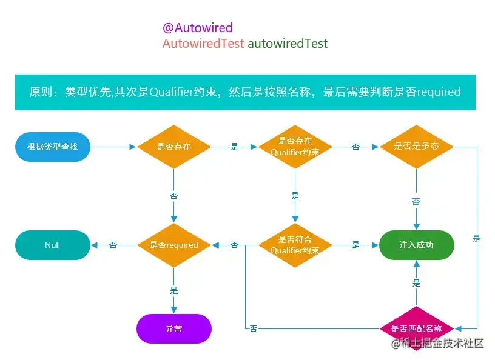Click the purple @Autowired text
197,28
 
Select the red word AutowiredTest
203,44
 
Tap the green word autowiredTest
288,44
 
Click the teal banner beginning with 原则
245,92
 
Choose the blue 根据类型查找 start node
52,147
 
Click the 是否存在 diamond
173,147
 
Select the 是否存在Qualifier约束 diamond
295,147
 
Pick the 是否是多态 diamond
416,147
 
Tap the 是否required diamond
173,245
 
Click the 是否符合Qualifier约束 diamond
295,245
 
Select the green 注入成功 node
417,245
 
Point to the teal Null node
52,245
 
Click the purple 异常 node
173,328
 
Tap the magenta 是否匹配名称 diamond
416,328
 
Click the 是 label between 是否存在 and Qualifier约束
234,147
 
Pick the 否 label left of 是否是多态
355,147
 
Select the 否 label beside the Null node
113,245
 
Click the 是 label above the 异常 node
173,290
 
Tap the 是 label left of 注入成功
355,245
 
